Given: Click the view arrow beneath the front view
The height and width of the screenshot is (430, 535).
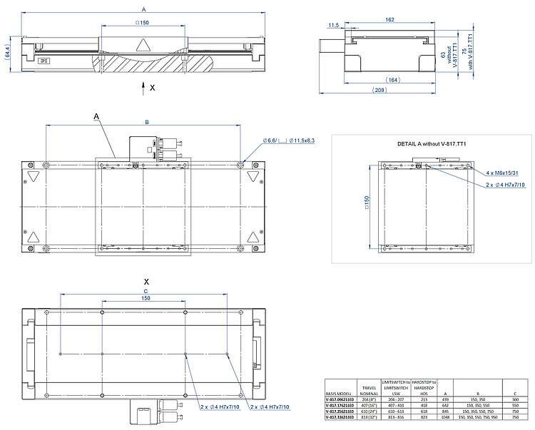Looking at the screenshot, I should pyautogui.click(x=143, y=86).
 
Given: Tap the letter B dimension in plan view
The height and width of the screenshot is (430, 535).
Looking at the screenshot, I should pyautogui.click(x=146, y=123).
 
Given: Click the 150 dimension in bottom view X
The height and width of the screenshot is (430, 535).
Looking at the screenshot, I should pyautogui.click(x=146, y=299).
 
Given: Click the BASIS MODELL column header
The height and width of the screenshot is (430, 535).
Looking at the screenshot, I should pyautogui.click(x=341, y=392).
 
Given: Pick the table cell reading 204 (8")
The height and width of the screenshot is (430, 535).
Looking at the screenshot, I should pyautogui.click(x=370, y=399).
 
